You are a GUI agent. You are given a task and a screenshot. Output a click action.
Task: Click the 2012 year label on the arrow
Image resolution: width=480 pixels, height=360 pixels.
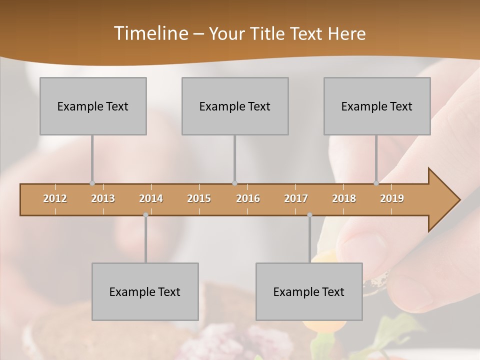click(x=55, y=198)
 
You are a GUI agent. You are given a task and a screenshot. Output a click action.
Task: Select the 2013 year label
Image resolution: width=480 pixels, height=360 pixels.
click(x=103, y=198)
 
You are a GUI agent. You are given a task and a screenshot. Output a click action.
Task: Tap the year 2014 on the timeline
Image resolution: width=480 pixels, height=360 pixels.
click(x=151, y=198)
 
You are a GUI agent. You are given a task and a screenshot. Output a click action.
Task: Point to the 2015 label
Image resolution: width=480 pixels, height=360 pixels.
click(x=199, y=198)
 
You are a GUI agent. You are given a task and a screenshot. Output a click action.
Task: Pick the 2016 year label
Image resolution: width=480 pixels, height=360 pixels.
click(x=248, y=198)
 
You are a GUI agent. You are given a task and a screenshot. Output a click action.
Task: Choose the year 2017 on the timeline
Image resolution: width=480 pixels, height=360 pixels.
click(x=296, y=198)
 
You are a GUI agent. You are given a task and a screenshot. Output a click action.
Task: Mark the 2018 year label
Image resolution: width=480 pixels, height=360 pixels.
click(x=344, y=198)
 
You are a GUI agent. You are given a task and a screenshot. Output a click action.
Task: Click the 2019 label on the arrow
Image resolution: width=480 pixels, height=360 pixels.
click(x=392, y=198)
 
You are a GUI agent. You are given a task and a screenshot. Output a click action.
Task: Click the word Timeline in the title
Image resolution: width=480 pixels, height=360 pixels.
click(x=150, y=33)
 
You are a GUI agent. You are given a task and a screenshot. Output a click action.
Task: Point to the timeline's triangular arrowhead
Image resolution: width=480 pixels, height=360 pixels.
click(x=442, y=200)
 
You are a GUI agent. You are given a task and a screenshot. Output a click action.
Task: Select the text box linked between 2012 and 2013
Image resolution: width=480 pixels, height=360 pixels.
click(x=93, y=106)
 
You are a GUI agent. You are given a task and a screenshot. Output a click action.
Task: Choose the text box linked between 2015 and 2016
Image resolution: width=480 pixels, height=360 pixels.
click(x=235, y=106)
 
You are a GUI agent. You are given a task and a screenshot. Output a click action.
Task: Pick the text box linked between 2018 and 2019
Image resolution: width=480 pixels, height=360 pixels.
click(x=377, y=106)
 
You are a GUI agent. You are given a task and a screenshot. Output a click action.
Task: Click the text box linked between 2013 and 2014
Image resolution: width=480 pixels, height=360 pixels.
click(x=145, y=291)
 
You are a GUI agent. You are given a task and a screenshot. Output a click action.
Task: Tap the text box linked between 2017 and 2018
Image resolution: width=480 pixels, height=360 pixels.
click(x=309, y=291)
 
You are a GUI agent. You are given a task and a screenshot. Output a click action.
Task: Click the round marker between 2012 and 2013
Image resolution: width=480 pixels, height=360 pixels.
click(x=92, y=183)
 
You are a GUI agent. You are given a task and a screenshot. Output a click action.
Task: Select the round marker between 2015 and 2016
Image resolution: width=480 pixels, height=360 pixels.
click(x=235, y=183)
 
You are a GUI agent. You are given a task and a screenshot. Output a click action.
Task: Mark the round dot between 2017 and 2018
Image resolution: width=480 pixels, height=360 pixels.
click(x=309, y=215)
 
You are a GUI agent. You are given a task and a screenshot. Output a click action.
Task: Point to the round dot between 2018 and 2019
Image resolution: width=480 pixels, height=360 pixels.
click(x=376, y=183)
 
